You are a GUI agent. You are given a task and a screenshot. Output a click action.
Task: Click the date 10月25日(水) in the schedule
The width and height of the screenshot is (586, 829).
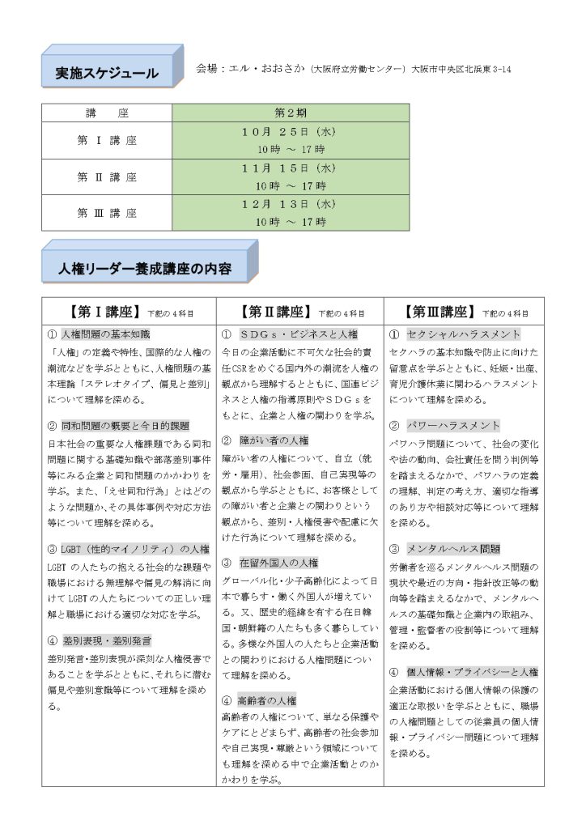click(x=291, y=131)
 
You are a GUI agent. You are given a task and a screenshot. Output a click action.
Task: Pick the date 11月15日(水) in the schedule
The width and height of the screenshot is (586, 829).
click(x=291, y=168)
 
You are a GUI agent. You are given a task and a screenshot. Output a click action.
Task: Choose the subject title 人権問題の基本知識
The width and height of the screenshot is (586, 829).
click(x=106, y=334)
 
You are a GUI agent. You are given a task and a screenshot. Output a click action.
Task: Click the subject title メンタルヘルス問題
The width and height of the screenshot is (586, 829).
click(x=453, y=548)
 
